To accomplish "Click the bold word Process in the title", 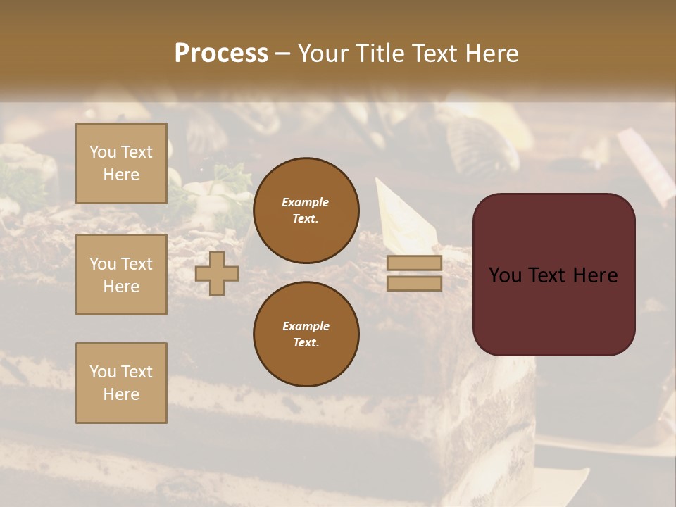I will [x=221, y=54].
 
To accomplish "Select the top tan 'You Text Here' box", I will [x=121, y=163].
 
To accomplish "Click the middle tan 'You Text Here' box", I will [x=121, y=275].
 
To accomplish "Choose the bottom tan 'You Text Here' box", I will [x=121, y=383].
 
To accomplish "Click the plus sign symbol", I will [x=217, y=273].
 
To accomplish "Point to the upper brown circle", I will [x=306, y=211].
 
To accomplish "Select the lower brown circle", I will [x=306, y=334].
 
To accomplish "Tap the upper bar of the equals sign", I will [x=414, y=263].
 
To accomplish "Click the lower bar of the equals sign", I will [x=414, y=283].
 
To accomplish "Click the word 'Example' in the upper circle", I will [x=306, y=203].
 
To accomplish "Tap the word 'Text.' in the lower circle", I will [x=306, y=343].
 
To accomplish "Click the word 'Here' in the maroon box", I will [x=595, y=275].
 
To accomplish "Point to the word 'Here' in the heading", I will [x=492, y=54].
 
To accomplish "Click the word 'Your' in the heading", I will [x=325, y=54].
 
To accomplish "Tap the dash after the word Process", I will [x=282, y=54].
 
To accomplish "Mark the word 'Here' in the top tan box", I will [x=121, y=175].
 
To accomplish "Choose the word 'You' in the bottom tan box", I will [x=103, y=372].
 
